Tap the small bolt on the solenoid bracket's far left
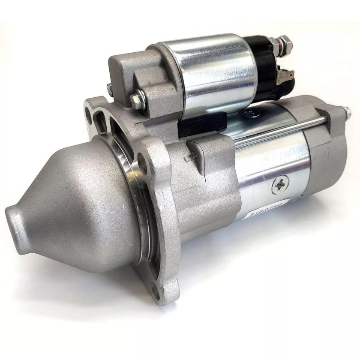(110, 90)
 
